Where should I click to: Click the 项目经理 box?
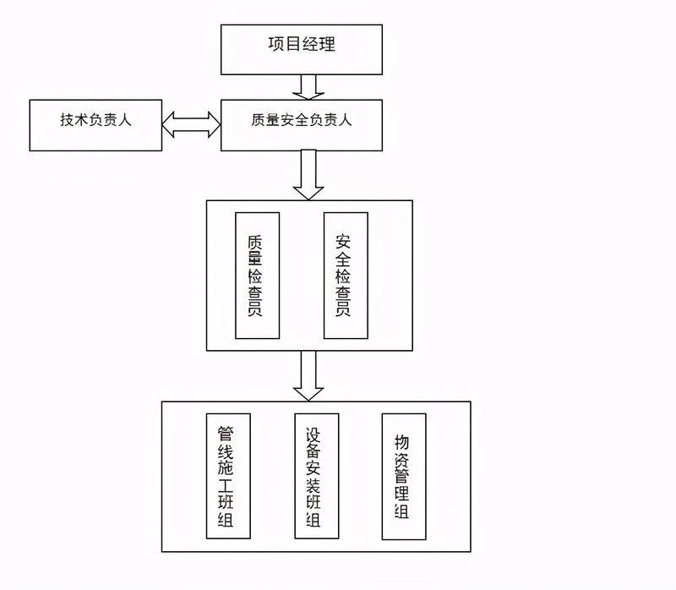coord(302,49)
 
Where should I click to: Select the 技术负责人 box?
coord(95,125)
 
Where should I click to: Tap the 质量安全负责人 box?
coord(302,125)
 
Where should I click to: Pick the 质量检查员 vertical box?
coord(257,276)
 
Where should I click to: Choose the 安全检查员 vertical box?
coord(346,276)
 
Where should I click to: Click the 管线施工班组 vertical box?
coord(228,476)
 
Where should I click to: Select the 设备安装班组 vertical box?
coord(316,476)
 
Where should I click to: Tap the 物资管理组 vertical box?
coord(404,476)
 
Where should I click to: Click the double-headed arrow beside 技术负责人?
coord(191,125)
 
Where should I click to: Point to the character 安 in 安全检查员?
coord(345,239)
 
